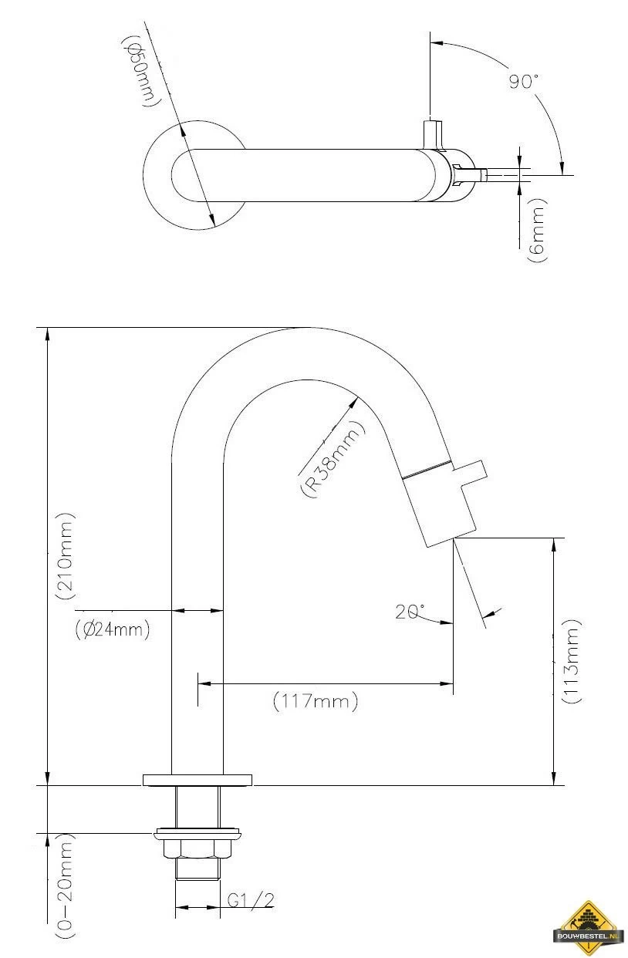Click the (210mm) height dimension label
(65, 555)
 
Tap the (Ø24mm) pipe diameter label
(113, 629)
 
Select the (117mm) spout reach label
(316, 701)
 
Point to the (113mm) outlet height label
(572, 661)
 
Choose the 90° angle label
(523, 81)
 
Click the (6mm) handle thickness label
(537, 230)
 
